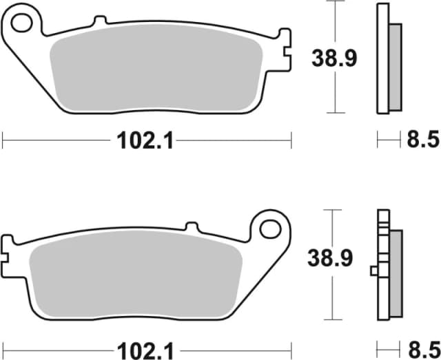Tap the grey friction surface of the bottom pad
pos(138,282)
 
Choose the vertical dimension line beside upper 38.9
pos(336,28)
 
